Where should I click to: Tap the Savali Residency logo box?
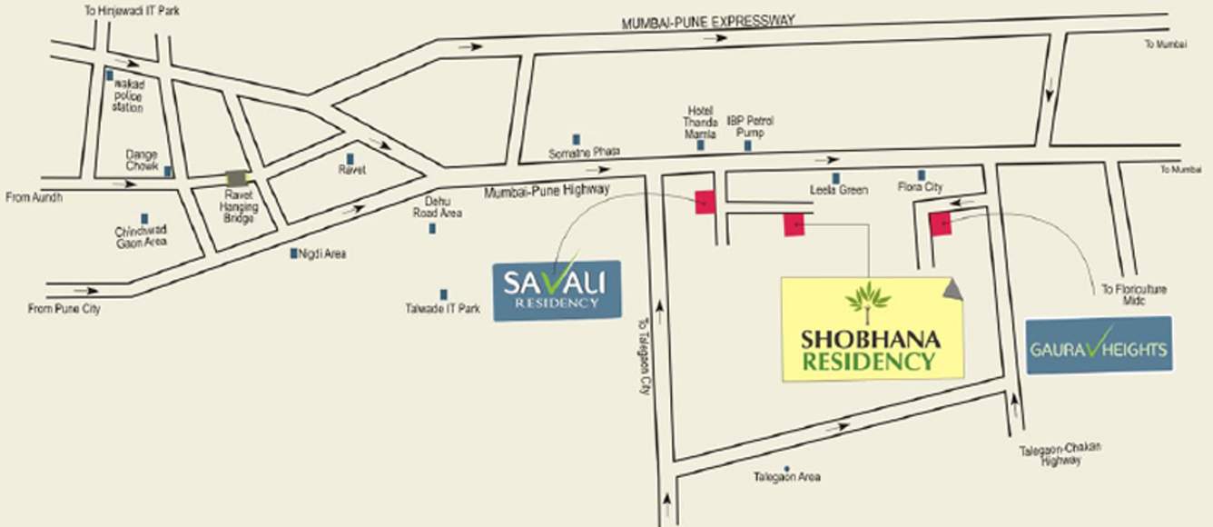pos(557,290)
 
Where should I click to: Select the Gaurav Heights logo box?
pos(1099,344)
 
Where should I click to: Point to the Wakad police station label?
pos(128,95)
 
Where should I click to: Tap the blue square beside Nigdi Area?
pos(293,254)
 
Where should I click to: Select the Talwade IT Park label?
pos(442,309)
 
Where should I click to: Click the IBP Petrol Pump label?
pos(750,126)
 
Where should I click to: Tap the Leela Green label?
pos(839,190)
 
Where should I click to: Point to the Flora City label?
pos(921,187)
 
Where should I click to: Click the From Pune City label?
pos(64,309)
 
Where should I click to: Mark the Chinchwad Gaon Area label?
pos(140,236)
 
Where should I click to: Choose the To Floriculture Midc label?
pos(1134,294)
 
